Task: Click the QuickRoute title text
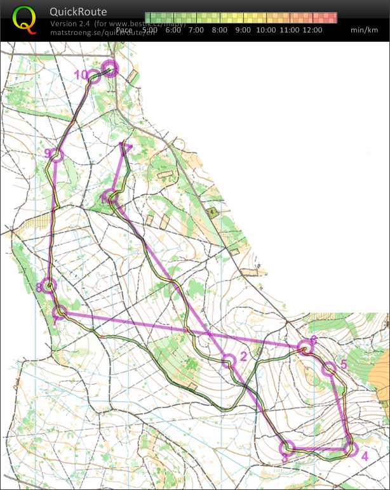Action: click(x=78, y=11)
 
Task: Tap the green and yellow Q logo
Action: click(x=24, y=18)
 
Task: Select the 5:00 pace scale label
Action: click(x=150, y=30)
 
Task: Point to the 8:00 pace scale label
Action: click(x=219, y=30)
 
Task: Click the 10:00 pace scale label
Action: click(x=266, y=30)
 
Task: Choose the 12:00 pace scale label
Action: click(x=313, y=30)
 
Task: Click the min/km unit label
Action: click(x=364, y=30)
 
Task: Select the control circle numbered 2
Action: click(x=229, y=361)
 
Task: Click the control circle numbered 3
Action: click(x=287, y=448)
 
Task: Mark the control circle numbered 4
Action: click(x=350, y=448)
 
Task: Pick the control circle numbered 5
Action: click(x=329, y=369)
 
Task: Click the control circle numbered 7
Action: click(x=60, y=312)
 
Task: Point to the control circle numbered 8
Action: click(x=48, y=286)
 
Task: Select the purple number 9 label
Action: click(x=48, y=154)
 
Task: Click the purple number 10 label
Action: click(x=81, y=75)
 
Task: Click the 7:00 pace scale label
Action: click(x=196, y=30)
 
